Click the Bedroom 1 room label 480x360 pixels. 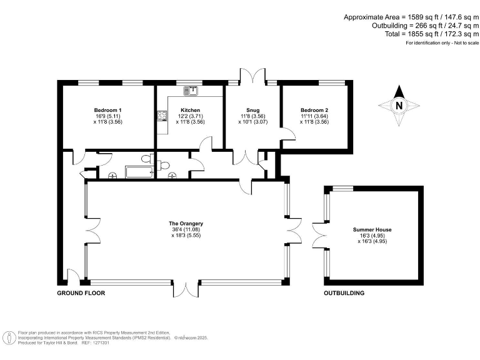107,110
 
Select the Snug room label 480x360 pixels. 252,110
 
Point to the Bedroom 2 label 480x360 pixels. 314,110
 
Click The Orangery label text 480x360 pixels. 186,223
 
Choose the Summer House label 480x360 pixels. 375,229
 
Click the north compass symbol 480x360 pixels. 398,106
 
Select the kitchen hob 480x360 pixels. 161,115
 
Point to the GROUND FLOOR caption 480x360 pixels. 81,293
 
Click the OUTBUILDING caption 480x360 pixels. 344,293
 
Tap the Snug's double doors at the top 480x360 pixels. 252,77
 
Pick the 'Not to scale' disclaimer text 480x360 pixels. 442,43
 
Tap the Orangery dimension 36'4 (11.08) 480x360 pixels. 186,229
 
